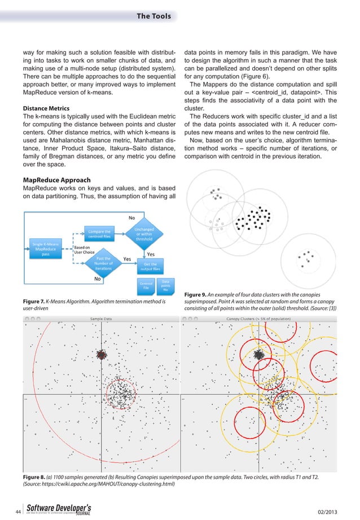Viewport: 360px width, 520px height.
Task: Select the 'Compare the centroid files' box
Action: tap(99, 232)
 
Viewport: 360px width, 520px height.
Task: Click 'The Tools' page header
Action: tap(153, 16)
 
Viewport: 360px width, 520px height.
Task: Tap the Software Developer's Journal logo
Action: tap(56, 508)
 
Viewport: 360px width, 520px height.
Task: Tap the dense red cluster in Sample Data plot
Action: tap(102, 355)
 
